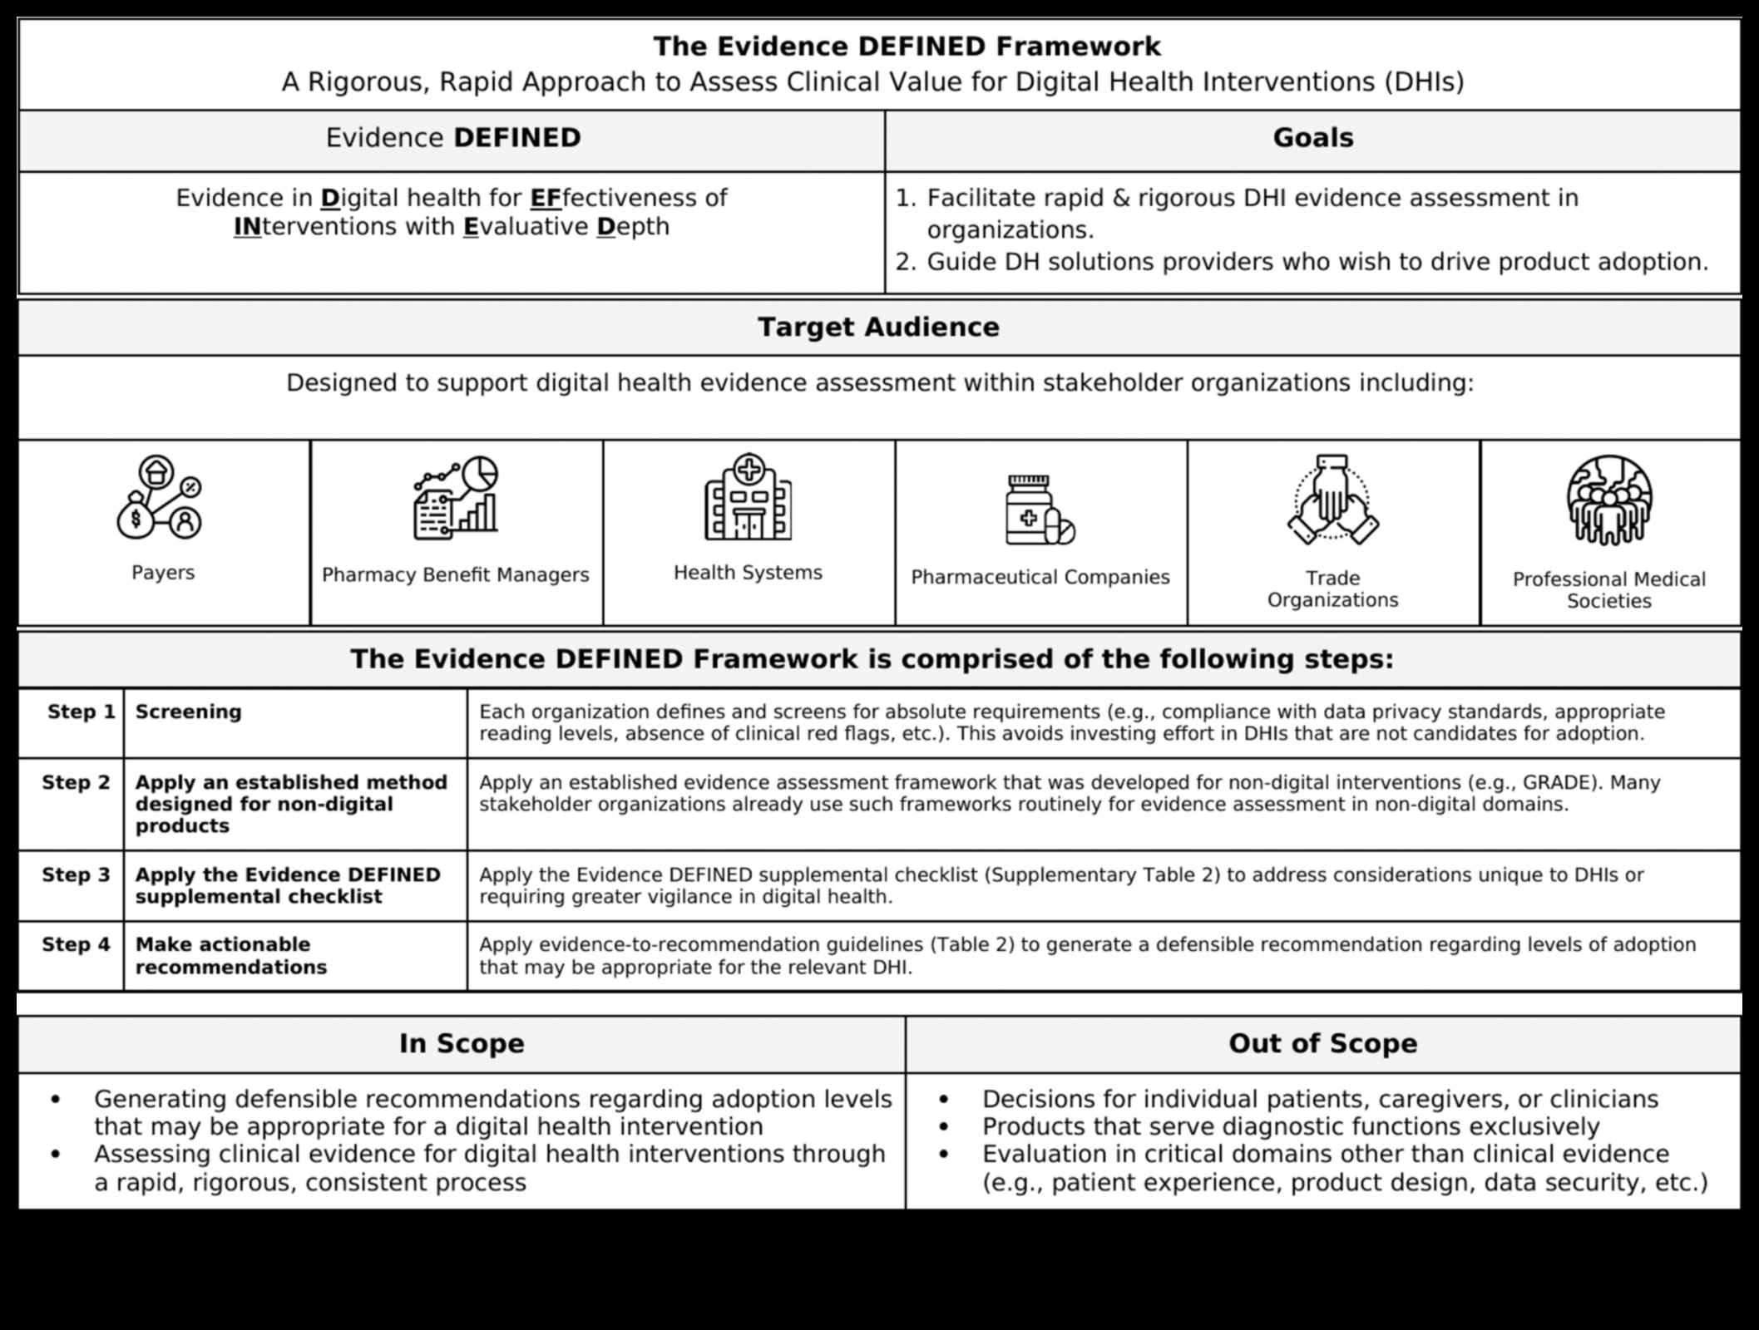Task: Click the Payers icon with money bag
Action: [160, 498]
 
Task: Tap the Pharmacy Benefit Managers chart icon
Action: [456, 498]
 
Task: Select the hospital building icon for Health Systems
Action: [748, 497]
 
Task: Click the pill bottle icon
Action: [1040, 510]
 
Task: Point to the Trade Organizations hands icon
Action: [1332, 500]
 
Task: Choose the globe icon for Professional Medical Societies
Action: [1608, 500]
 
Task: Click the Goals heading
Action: [1312, 138]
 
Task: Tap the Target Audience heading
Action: [878, 328]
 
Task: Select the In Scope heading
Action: [462, 1044]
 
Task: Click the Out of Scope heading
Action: [1322, 1044]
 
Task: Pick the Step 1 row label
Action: [81, 712]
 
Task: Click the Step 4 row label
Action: [76, 945]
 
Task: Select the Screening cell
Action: [189, 712]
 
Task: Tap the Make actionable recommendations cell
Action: [230, 956]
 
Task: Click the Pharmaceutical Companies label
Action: [1040, 578]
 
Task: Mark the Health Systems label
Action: [748, 573]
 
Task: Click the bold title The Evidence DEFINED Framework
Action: [906, 47]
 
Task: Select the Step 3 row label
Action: [76, 875]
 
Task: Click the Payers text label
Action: [163, 573]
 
